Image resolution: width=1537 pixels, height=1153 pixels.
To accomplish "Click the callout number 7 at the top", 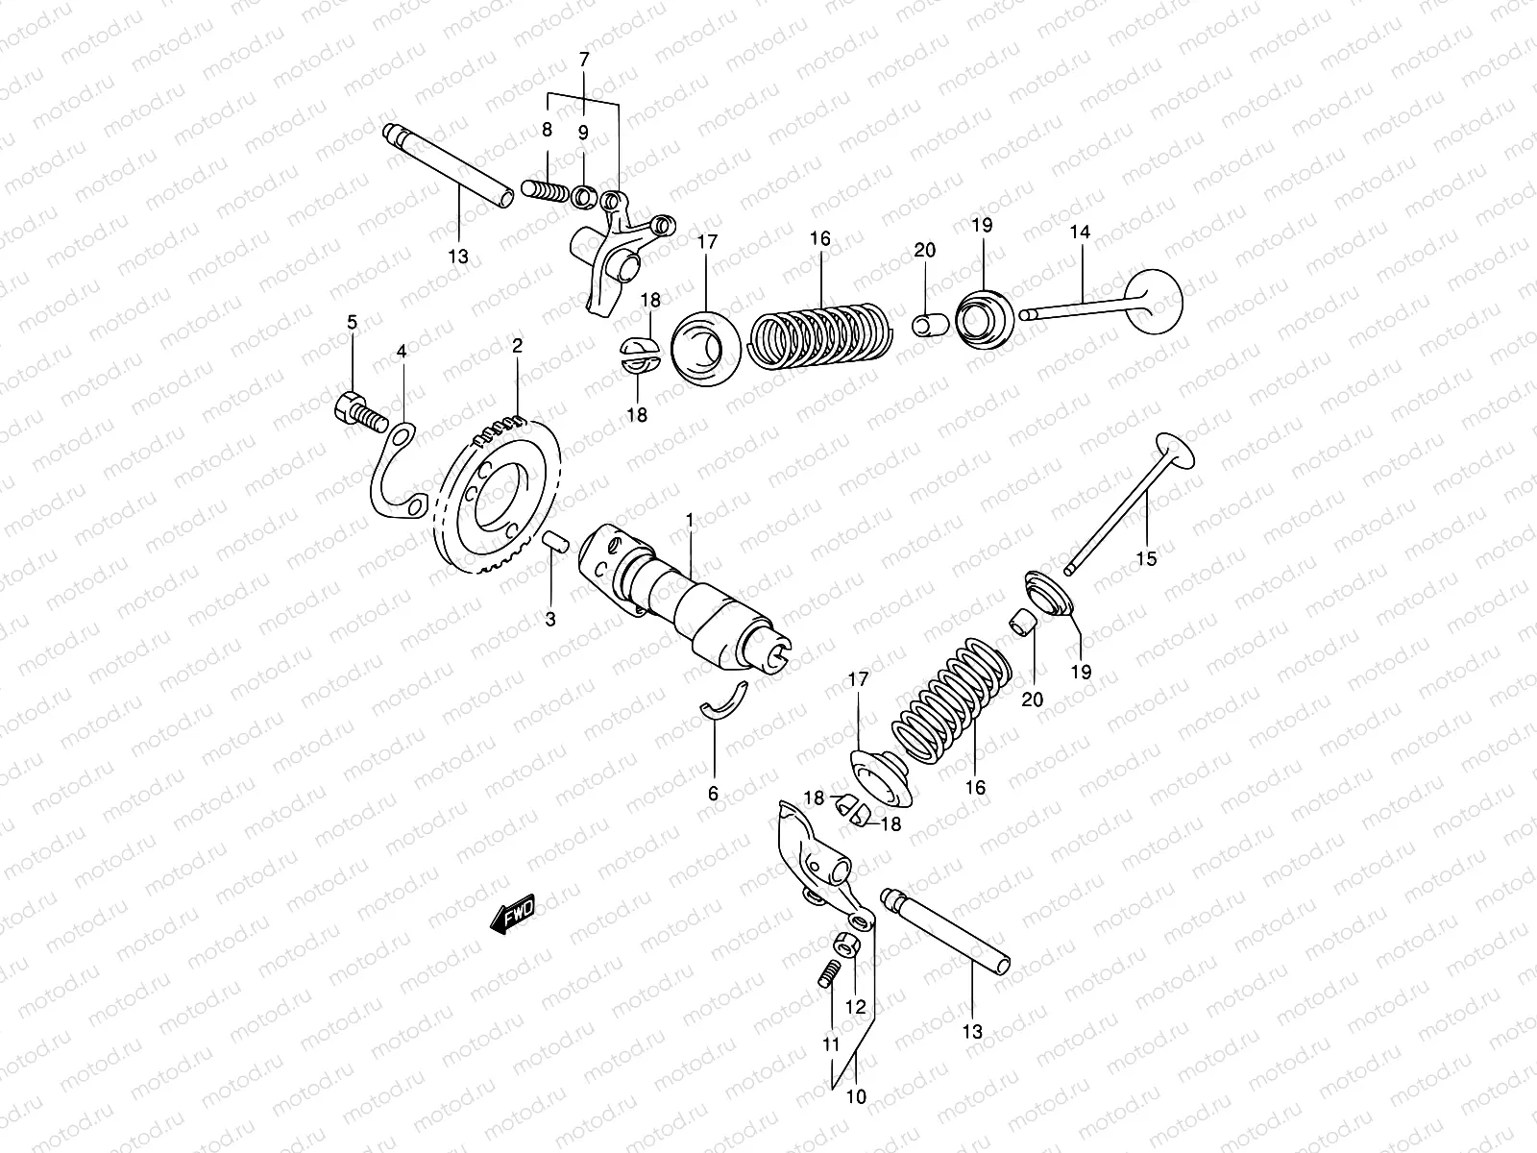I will pos(583,60).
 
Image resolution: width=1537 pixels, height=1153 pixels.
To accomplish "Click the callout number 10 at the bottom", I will pos(855,1095).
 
